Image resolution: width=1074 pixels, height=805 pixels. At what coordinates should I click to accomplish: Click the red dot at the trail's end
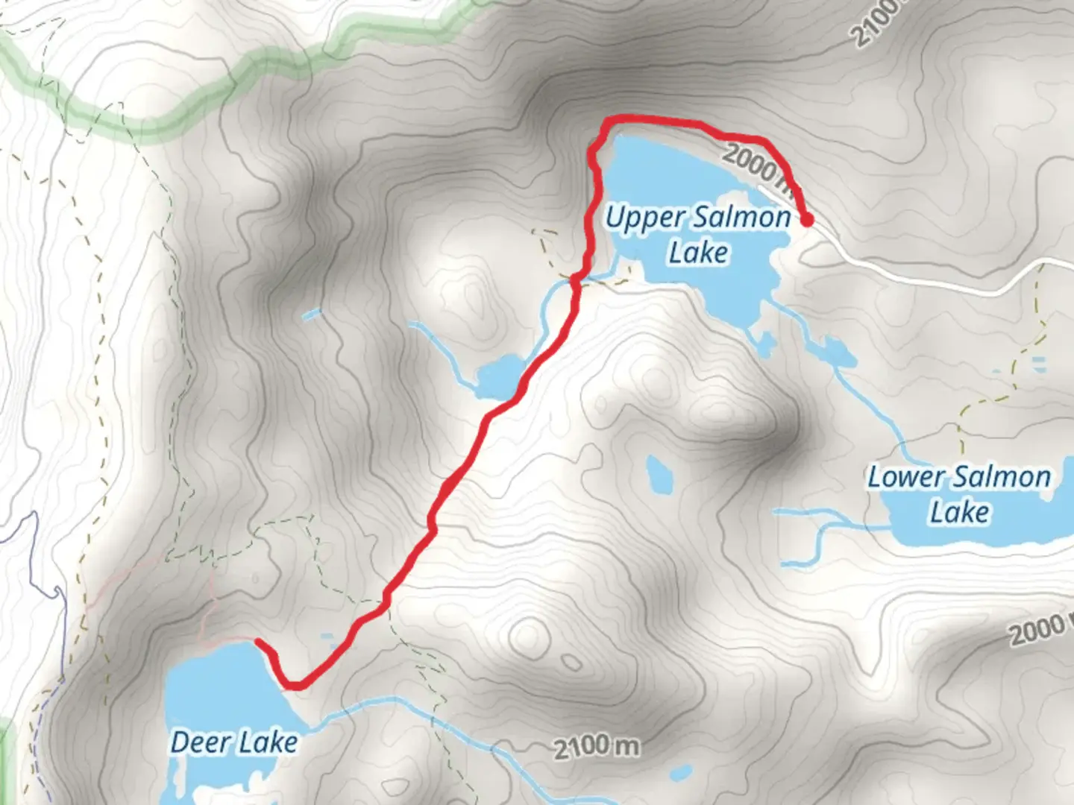(x=807, y=219)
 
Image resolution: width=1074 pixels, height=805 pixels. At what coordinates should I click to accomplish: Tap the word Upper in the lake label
(x=644, y=219)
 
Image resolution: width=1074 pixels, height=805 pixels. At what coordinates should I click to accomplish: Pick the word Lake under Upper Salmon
(x=698, y=253)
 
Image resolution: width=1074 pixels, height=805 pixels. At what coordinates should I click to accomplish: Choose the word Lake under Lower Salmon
(x=959, y=513)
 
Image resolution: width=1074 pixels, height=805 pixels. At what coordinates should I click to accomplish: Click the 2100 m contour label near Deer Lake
(x=596, y=746)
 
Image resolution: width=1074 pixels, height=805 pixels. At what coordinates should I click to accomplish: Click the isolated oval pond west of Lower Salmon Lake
(x=659, y=474)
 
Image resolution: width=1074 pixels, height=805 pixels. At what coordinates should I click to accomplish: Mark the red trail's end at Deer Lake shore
(x=258, y=641)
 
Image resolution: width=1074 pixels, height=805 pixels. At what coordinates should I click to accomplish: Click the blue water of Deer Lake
(x=216, y=693)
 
